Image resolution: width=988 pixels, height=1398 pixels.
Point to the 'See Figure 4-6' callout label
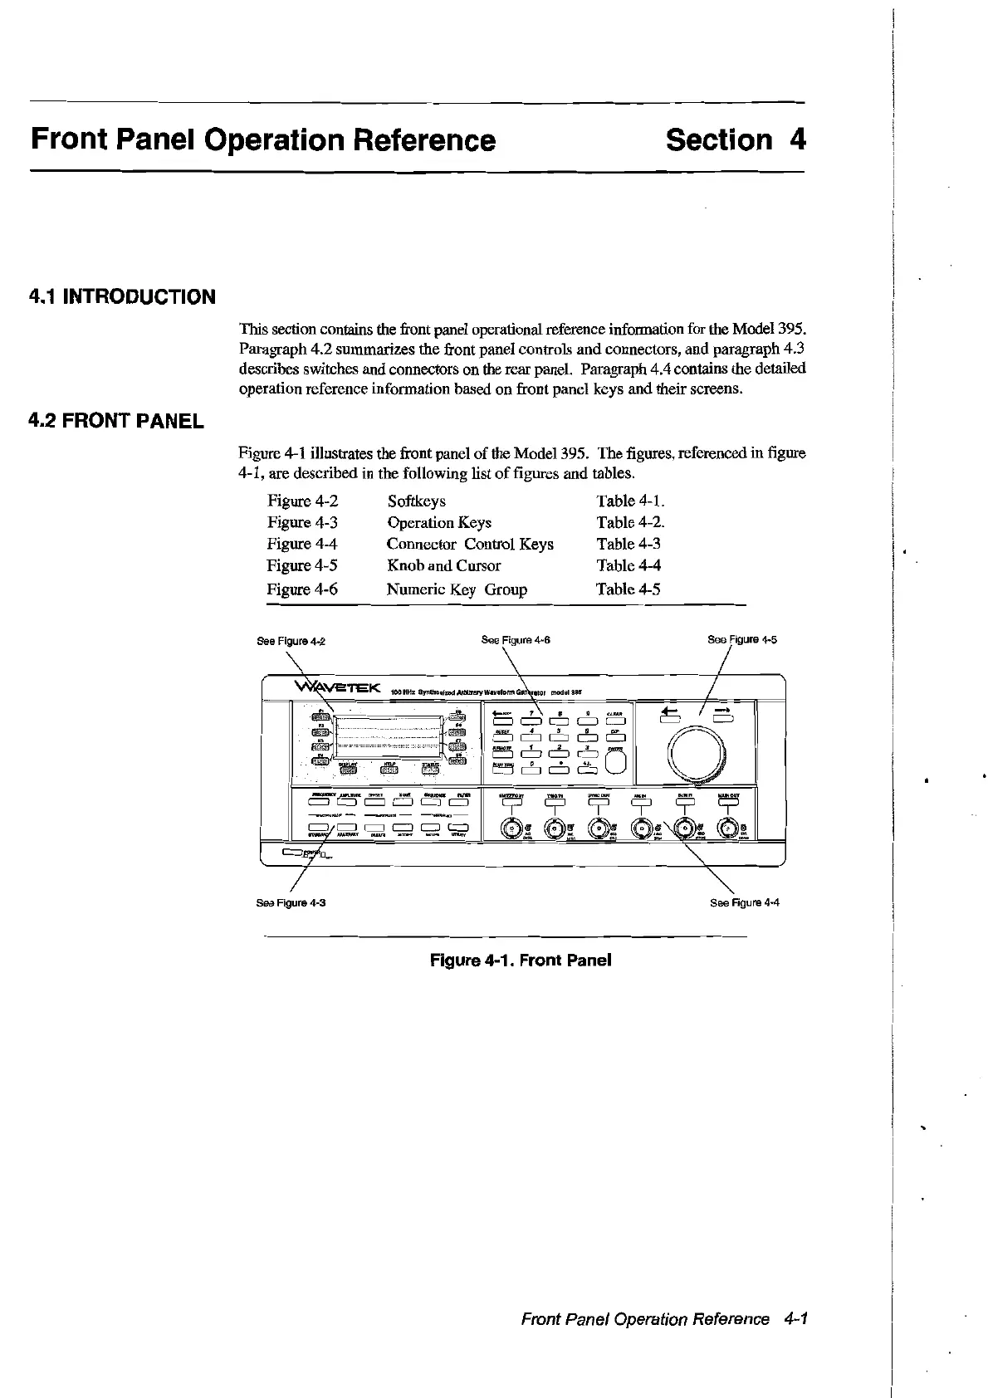pyautogui.click(x=516, y=640)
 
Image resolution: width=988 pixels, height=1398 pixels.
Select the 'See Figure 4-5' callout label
pyautogui.click(x=741, y=640)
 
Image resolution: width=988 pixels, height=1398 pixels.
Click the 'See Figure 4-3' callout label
pyautogui.click(x=291, y=902)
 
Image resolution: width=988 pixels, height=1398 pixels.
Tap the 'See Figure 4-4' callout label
pyautogui.click(x=745, y=902)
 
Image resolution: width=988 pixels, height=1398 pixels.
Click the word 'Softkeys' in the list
pyautogui.click(x=416, y=501)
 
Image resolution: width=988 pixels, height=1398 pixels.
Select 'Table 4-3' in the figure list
pyautogui.click(x=629, y=545)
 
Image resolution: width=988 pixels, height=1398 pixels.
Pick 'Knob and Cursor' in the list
pyautogui.click(x=443, y=566)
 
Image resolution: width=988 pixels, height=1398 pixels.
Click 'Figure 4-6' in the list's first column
pyautogui.click(x=302, y=589)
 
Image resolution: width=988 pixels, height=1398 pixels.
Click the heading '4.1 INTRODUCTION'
pyautogui.click(x=122, y=297)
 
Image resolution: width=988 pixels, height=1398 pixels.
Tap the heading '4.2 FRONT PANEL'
pyautogui.click(x=116, y=421)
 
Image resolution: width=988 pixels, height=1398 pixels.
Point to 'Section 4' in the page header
pyautogui.click(x=736, y=140)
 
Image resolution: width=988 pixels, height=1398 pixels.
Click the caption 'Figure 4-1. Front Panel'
pyautogui.click(x=521, y=961)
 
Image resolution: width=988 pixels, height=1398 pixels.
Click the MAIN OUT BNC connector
pyautogui.click(x=728, y=828)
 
